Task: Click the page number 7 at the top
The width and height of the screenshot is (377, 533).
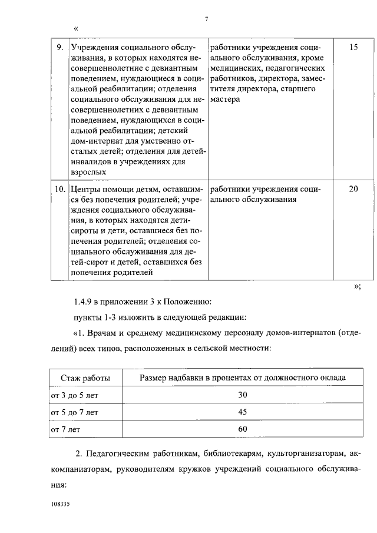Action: pyautogui.click(x=207, y=19)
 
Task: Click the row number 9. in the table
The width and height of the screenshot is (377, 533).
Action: pyautogui.click(x=59, y=47)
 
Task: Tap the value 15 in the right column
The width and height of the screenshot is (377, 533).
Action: pyautogui.click(x=353, y=47)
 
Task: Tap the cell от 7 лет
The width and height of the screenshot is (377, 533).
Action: pyautogui.click(x=65, y=429)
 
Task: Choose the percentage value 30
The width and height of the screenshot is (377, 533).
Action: pyautogui.click(x=242, y=395)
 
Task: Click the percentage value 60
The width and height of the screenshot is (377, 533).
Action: pyautogui.click(x=242, y=429)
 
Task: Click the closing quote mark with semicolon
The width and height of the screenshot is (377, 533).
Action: pyautogui.click(x=356, y=287)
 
